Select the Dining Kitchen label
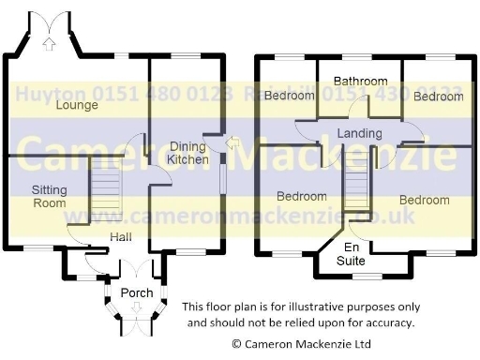[188, 153]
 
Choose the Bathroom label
[358, 82]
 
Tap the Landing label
[360, 134]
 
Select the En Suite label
[352, 254]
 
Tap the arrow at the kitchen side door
[231, 143]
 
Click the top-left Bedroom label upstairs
[289, 96]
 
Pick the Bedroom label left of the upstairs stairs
[302, 197]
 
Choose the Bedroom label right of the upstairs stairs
[424, 200]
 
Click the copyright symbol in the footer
[236, 345]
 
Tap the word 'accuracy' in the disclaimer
[388, 322]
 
